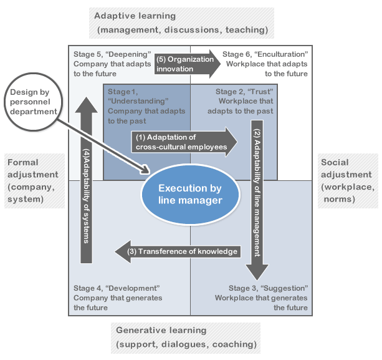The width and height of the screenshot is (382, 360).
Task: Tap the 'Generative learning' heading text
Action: [161, 330]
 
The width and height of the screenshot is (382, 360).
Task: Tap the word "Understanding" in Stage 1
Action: [138, 100]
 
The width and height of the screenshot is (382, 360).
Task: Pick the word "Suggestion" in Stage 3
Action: [287, 288]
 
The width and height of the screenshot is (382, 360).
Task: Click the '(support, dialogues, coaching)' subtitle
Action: [186, 344]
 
